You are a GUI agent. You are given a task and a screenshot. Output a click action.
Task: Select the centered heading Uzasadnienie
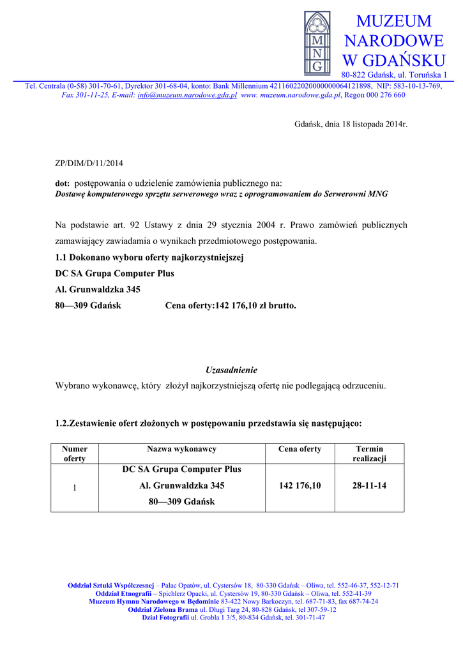tap(231, 370)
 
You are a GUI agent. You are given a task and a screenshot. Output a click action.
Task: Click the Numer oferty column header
tap(75, 453)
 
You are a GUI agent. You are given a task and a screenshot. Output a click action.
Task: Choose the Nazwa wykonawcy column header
tap(181, 449)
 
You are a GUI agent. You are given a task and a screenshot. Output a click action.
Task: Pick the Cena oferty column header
tap(300, 449)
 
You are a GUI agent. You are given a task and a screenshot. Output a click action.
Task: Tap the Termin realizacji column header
tap(369, 453)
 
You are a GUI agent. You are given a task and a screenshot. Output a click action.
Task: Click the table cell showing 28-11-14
tap(369, 486)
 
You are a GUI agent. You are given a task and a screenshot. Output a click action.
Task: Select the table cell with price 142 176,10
tap(300, 486)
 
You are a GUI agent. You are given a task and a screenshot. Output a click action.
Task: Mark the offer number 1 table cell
tap(75, 488)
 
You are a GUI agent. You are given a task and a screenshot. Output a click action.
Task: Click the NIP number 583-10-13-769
tap(418, 86)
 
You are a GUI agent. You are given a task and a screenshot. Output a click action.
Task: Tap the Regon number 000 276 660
tap(384, 95)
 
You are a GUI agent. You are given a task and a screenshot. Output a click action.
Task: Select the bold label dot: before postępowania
tap(63, 183)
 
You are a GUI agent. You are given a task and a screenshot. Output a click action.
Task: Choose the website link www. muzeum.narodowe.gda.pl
tap(291, 95)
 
